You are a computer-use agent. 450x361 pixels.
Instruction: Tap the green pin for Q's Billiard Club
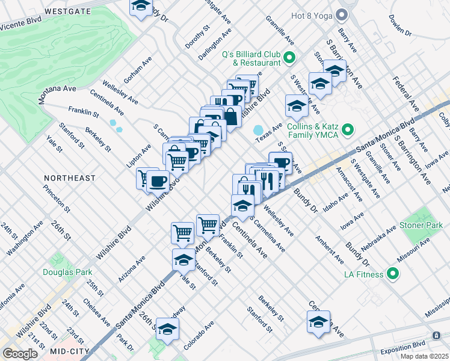[289, 58]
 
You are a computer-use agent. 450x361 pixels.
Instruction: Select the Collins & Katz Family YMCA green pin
[347, 130]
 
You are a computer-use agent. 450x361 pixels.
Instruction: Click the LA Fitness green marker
[393, 275]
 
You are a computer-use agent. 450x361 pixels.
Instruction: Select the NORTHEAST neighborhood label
[70, 178]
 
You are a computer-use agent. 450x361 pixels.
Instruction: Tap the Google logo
[20, 354]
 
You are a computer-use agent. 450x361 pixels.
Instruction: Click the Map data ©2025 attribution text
[425, 356]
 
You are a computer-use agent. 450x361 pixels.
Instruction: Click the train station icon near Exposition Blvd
[436, 335]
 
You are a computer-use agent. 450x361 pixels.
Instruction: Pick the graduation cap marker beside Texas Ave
[297, 106]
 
